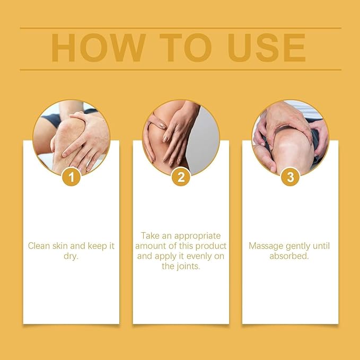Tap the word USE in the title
tap(267, 48)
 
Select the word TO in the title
tap(186, 48)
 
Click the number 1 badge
tap(72, 177)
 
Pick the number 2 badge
tap(181, 177)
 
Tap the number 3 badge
tap(291, 177)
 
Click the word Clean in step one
tap(39, 246)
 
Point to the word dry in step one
tap(71, 256)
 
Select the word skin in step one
tap(60, 246)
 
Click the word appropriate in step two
tap(197, 236)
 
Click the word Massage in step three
tap(266, 247)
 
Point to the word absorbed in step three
tap(289, 256)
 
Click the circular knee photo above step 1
tap(72, 138)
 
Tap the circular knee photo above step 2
tap(181, 138)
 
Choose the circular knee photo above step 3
tap(291, 138)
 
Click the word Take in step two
tap(150, 236)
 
